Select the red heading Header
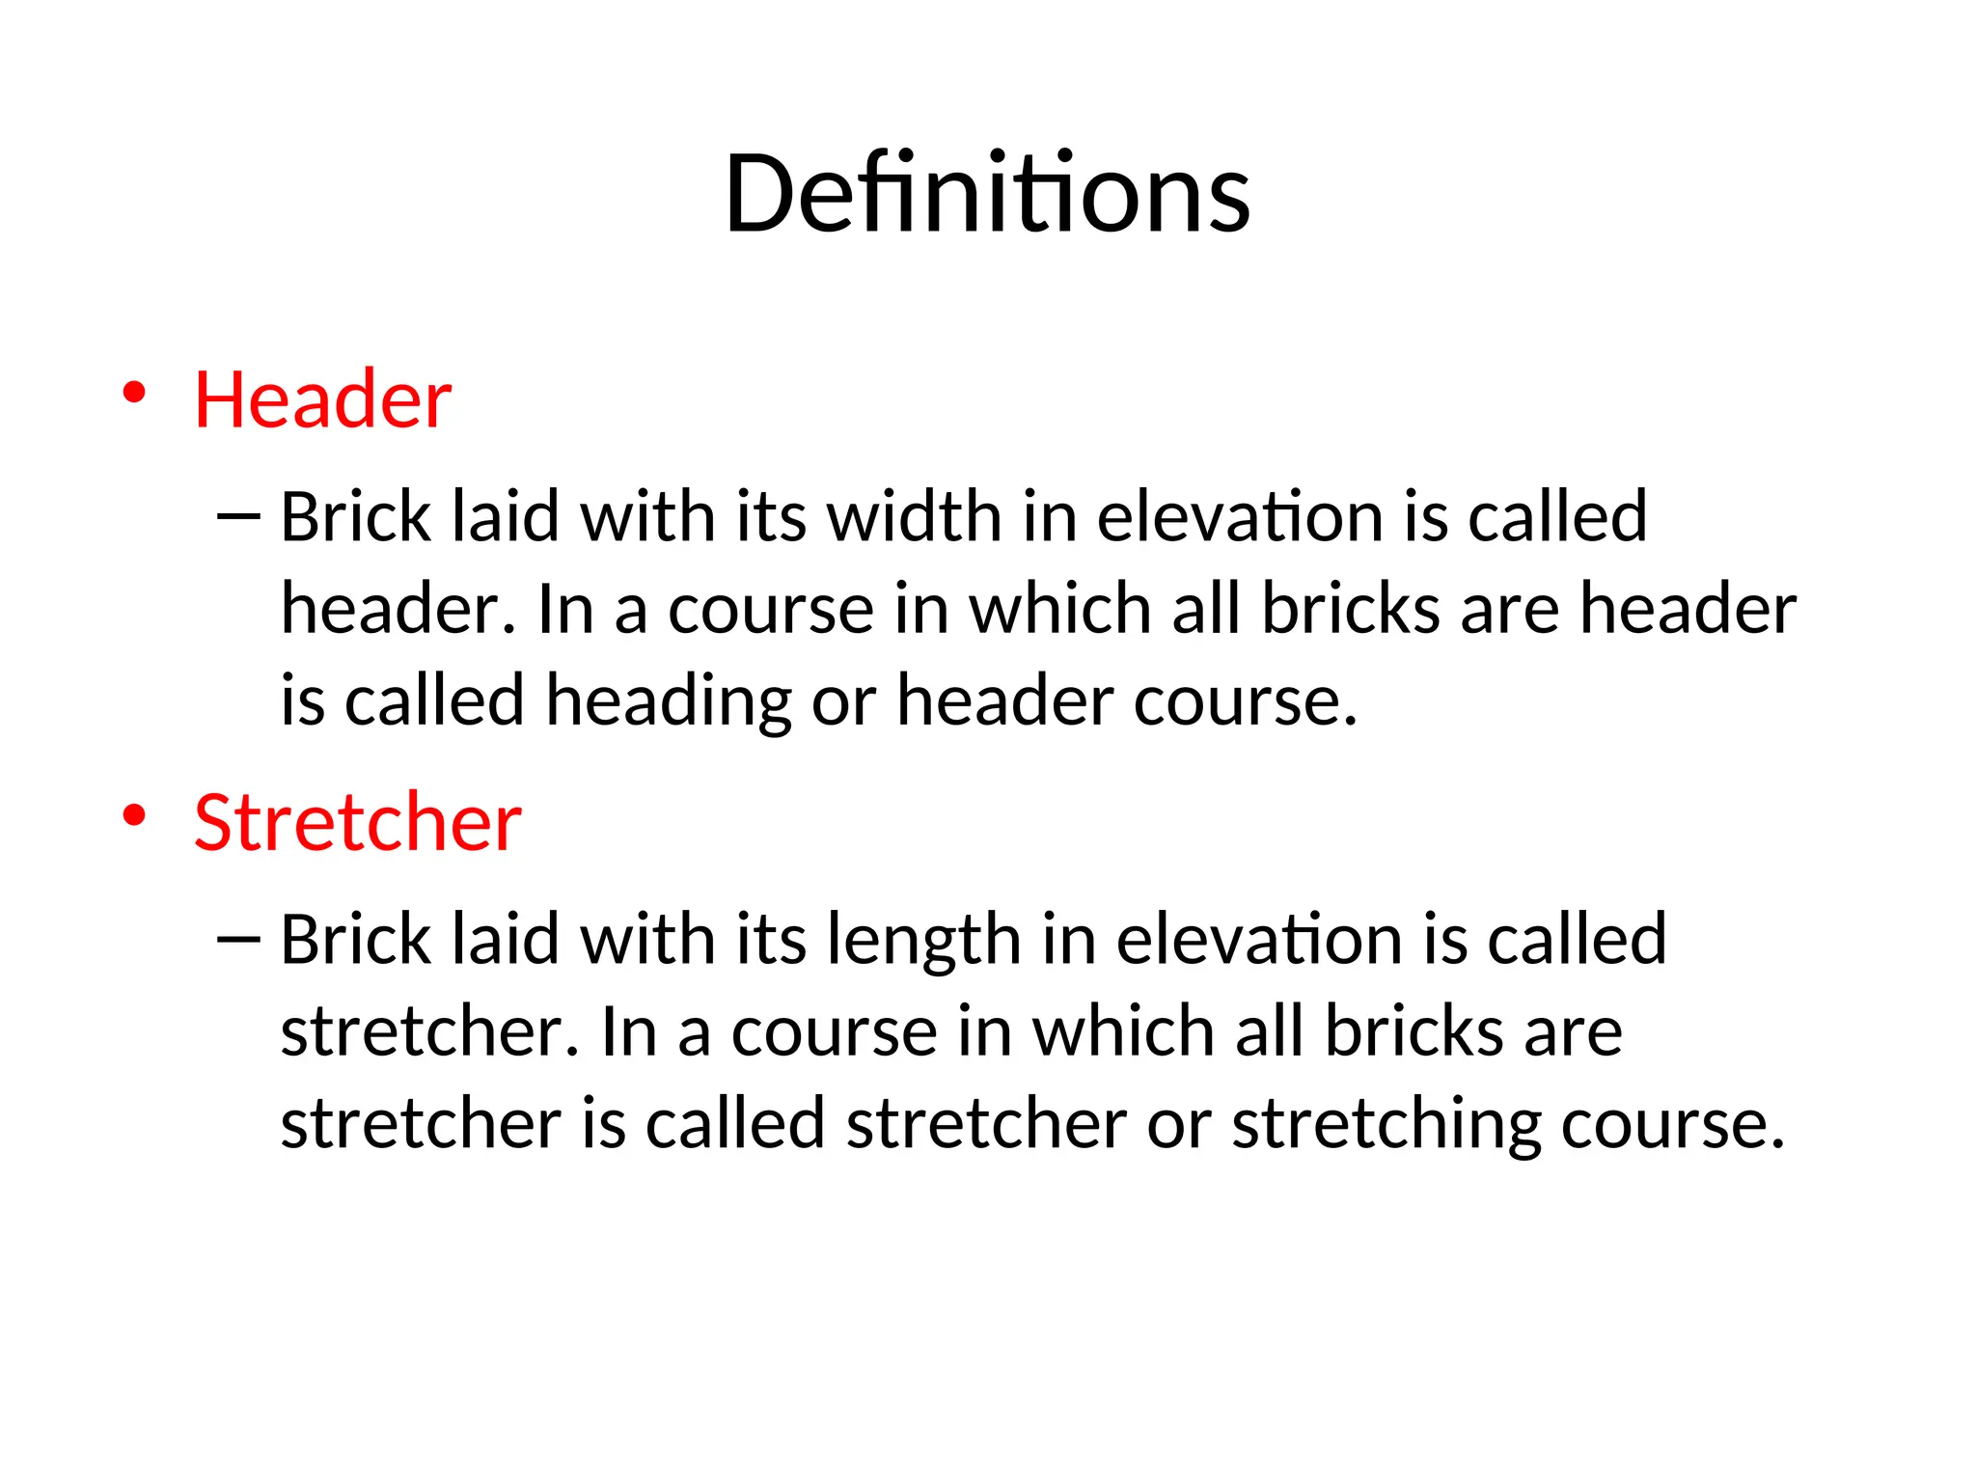coord(322,399)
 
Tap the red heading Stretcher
coord(357,822)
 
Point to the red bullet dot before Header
coord(134,393)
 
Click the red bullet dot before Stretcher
coord(134,815)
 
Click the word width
coord(915,516)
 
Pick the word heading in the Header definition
coord(668,701)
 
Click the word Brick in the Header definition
coord(355,516)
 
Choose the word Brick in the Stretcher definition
coord(355,939)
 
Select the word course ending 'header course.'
coord(1245,701)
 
